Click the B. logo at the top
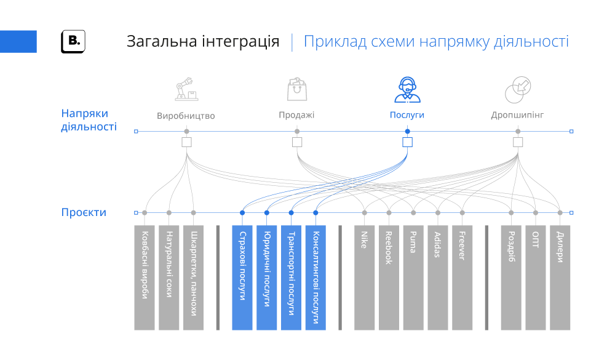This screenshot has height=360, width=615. [73, 41]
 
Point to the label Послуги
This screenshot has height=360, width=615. [407, 115]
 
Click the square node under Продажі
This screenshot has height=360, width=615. [297, 142]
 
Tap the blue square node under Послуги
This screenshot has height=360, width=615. [407, 142]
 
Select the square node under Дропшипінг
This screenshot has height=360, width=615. [518, 142]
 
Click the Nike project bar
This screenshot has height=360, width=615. [364, 277]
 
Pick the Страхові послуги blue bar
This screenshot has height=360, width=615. [242, 277]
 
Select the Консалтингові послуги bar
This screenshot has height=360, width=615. [315, 277]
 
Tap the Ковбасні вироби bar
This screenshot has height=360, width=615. [145, 277]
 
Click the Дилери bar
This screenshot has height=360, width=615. [560, 277]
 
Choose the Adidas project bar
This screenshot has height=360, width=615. [438, 277]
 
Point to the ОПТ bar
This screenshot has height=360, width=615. [536, 277]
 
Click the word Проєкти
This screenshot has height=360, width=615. [84, 212]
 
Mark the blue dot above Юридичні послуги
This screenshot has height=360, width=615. [267, 213]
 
